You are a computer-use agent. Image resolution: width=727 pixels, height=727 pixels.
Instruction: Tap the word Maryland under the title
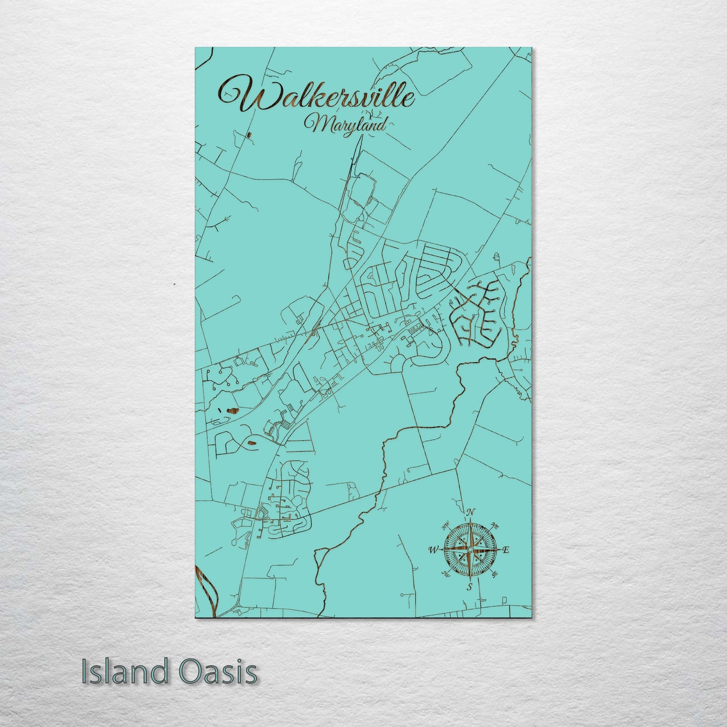tap(347, 124)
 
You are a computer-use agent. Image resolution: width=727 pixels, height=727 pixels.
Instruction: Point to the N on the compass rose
tap(470, 512)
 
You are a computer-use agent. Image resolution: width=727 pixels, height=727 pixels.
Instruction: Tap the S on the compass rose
tap(469, 587)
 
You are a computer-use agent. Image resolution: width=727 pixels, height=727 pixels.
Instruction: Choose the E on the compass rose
tap(506, 550)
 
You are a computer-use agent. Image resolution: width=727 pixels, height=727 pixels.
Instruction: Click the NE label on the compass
tap(495, 526)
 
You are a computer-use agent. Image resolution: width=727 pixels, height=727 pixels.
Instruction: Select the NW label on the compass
tap(445, 527)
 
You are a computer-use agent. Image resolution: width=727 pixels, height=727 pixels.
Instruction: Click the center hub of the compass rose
tap(470, 550)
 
